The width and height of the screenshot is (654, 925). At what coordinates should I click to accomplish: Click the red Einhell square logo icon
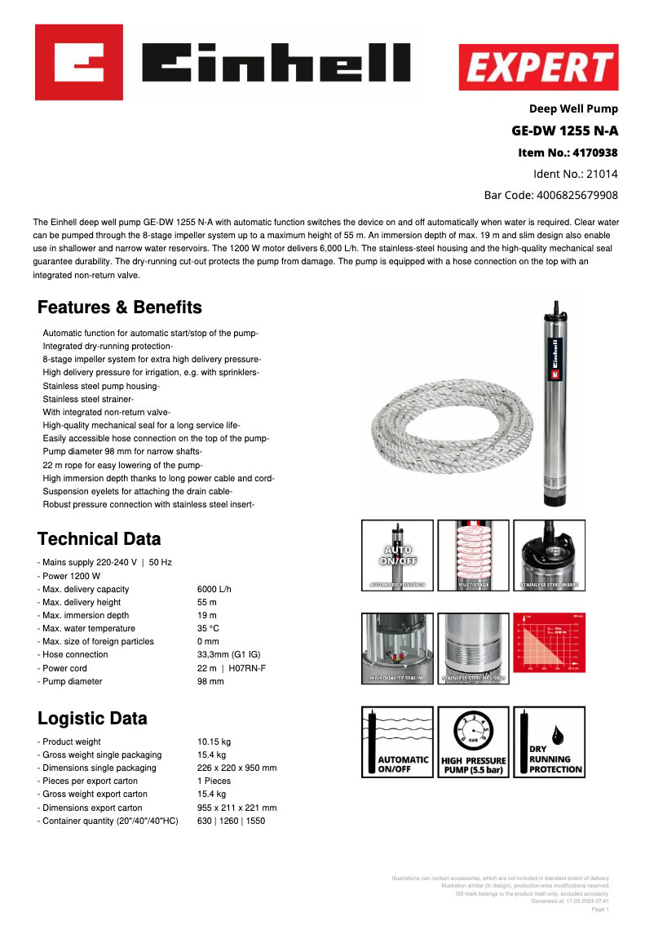click(79, 62)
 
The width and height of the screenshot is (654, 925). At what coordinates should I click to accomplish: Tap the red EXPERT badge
click(538, 67)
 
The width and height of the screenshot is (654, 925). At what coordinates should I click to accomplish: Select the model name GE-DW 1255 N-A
click(564, 131)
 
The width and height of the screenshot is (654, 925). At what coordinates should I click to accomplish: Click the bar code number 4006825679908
click(576, 195)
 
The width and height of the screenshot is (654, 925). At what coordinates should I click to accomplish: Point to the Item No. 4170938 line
click(568, 153)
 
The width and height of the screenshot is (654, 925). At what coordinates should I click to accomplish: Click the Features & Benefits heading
click(119, 308)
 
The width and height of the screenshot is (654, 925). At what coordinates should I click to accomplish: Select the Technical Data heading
click(99, 539)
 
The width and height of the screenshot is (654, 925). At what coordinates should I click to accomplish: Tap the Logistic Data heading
click(92, 719)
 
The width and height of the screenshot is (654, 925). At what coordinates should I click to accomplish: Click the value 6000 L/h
click(214, 589)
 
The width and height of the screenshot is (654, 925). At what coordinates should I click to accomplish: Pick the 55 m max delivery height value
click(207, 602)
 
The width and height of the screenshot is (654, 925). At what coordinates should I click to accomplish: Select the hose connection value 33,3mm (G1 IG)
click(229, 654)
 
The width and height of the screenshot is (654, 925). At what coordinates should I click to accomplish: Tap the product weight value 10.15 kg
click(214, 741)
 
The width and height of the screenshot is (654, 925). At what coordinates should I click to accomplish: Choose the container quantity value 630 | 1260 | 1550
click(231, 821)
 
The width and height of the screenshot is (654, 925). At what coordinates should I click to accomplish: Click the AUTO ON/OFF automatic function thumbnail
click(396, 555)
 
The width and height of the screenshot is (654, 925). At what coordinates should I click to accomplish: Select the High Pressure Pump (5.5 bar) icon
click(473, 742)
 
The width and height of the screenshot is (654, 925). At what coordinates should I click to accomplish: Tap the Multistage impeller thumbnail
click(473, 555)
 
